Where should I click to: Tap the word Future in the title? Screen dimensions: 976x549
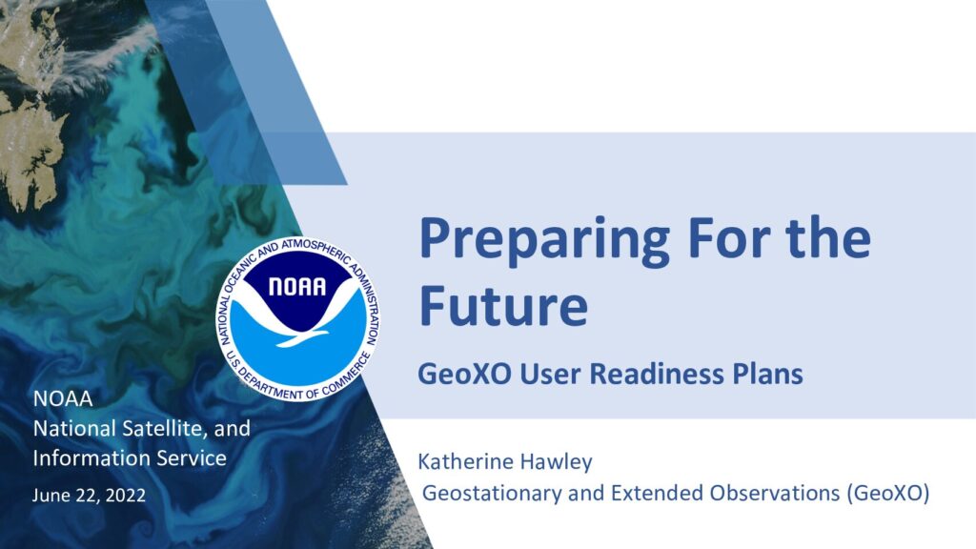coord(503,304)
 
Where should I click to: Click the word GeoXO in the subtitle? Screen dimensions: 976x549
coord(464,374)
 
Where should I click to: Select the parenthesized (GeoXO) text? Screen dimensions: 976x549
coord(888,493)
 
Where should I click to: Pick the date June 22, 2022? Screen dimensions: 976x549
coord(89,496)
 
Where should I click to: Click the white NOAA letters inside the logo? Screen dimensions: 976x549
coord(297,286)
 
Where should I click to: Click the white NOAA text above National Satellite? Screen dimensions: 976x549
coord(62,398)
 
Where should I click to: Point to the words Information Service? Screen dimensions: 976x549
coord(130,458)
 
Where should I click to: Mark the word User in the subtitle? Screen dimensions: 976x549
coord(550,374)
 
